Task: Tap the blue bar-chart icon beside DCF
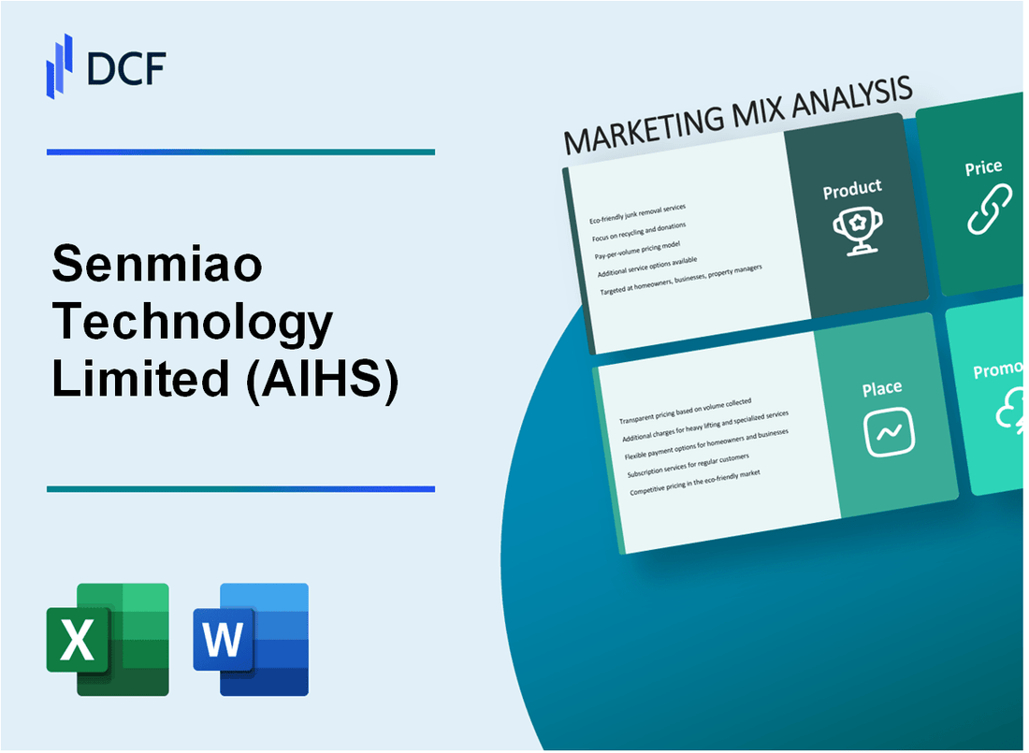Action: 60,65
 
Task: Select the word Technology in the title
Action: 193,324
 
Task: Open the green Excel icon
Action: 108,639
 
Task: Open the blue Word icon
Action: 251,639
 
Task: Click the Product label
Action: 851,190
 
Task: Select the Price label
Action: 983,168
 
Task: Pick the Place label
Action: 882,388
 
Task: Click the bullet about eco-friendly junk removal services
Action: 637,213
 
